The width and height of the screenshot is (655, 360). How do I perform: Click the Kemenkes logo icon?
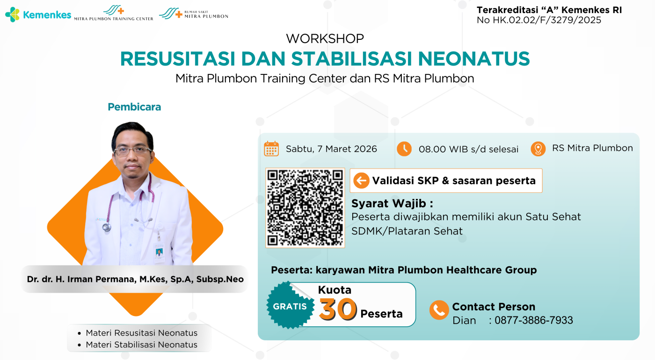(x=12, y=15)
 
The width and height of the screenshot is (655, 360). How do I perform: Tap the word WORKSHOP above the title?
(x=325, y=39)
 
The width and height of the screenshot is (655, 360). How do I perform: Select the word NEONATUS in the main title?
(x=473, y=59)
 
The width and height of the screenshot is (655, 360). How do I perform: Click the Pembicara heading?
(x=134, y=107)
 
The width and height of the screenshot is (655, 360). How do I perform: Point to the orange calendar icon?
(x=271, y=149)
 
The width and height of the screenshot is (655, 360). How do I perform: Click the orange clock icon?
(x=404, y=149)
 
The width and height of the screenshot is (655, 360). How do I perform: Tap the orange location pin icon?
(x=538, y=149)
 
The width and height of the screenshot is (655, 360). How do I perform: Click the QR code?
(x=305, y=208)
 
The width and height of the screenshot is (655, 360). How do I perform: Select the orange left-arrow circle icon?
(x=361, y=181)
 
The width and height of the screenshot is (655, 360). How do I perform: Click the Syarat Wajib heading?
(x=392, y=203)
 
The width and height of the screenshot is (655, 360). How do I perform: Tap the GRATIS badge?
(x=290, y=306)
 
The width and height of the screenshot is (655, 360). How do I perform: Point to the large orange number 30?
(x=338, y=309)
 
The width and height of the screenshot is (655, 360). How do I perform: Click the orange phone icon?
(x=439, y=310)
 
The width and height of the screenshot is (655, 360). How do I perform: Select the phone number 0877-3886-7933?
(x=534, y=320)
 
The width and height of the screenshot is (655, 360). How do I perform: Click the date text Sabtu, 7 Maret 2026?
(x=331, y=149)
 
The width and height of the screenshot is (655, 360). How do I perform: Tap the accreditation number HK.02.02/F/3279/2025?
(x=547, y=20)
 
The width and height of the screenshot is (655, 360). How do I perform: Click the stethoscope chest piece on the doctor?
(x=107, y=227)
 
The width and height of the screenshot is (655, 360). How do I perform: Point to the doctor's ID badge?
(x=159, y=253)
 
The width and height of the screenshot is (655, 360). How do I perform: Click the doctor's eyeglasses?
(x=133, y=151)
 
